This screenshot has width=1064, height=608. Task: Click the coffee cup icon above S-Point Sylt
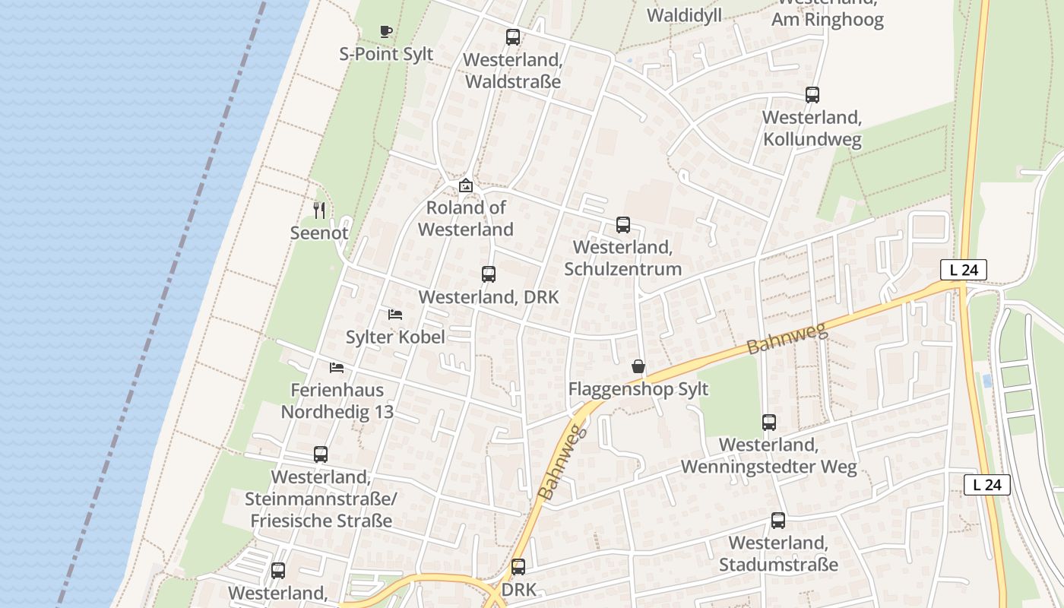(x=386, y=31)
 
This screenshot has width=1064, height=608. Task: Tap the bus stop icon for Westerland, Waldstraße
(x=513, y=36)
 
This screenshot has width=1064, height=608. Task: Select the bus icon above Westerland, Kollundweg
(x=812, y=95)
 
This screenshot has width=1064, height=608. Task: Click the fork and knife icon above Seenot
(x=319, y=211)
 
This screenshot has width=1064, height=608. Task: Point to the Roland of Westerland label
(x=465, y=218)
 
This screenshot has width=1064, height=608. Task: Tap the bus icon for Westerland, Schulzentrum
(x=623, y=224)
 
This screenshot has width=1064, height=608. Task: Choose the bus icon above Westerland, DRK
(x=489, y=274)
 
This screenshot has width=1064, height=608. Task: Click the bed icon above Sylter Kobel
(x=395, y=314)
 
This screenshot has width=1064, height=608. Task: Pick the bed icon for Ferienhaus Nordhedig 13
(x=337, y=368)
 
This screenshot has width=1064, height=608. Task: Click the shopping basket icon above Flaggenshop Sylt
(x=638, y=367)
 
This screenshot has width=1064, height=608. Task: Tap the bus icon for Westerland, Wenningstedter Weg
(x=769, y=423)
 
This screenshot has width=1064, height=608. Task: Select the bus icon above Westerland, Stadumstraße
(x=778, y=521)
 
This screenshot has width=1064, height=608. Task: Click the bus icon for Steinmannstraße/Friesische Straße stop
(x=321, y=454)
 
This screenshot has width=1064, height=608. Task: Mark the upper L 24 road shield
(x=964, y=269)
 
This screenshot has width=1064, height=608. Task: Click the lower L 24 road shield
(x=987, y=485)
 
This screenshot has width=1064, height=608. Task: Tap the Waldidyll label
(x=684, y=15)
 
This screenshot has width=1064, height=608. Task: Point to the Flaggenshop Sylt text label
(x=638, y=389)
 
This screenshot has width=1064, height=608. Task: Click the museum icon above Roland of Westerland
(x=466, y=185)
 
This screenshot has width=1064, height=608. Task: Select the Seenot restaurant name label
(x=319, y=233)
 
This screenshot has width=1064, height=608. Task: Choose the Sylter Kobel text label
(x=395, y=337)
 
